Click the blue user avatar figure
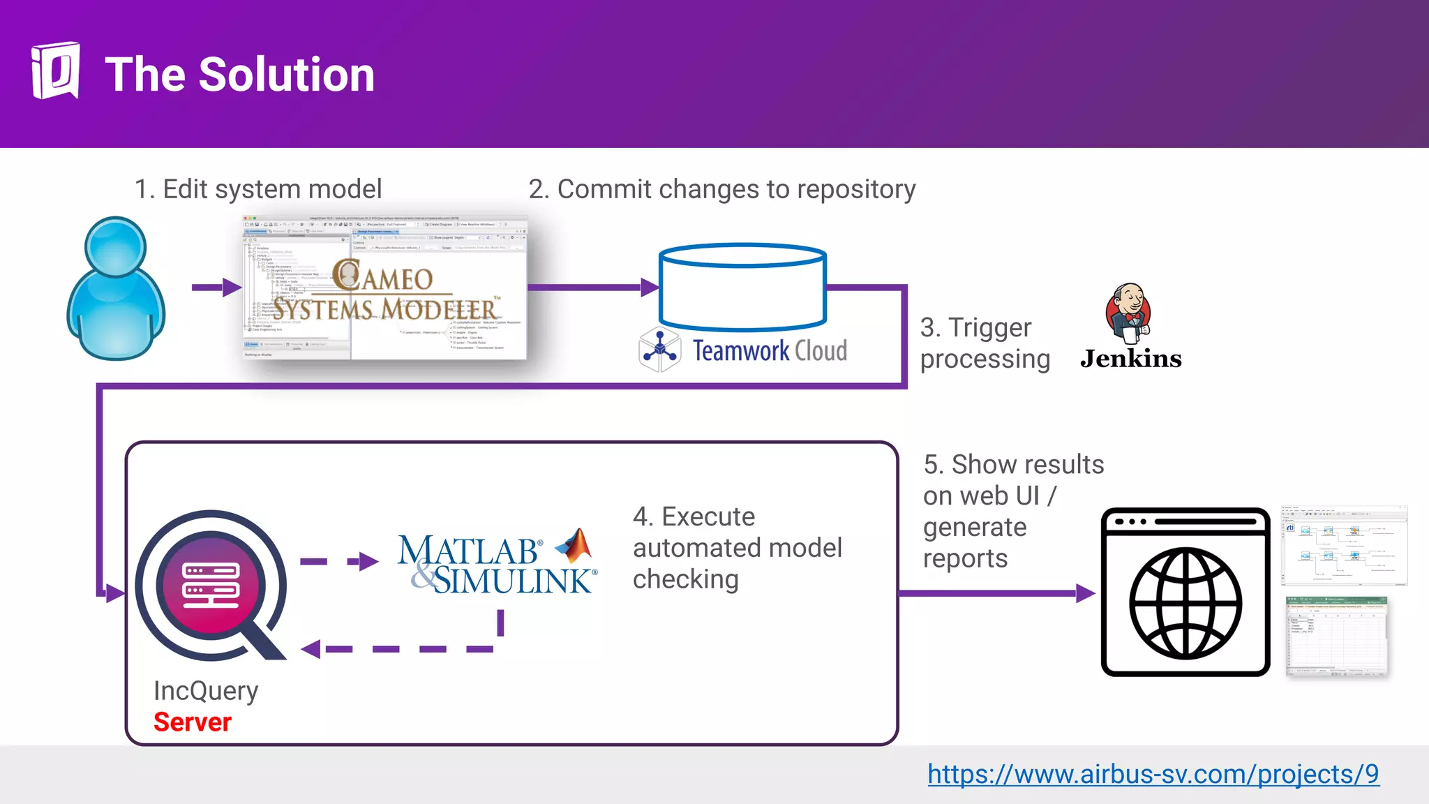click(x=116, y=290)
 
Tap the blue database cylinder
click(x=742, y=287)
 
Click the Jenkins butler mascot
click(x=1128, y=313)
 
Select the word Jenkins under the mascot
click(x=1130, y=359)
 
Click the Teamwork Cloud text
click(x=769, y=350)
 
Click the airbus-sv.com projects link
click(x=1153, y=774)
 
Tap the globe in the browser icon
click(x=1185, y=604)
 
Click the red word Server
click(x=193, y=722)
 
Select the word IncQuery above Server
click(x=206, y=691)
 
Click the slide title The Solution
click(x=239, y=75)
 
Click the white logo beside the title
click(x=55, y=70)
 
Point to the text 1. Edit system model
click(x=258, y=189)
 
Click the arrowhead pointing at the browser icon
click(x=1085, y=594)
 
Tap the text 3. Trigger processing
click(x=985, y=343)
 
